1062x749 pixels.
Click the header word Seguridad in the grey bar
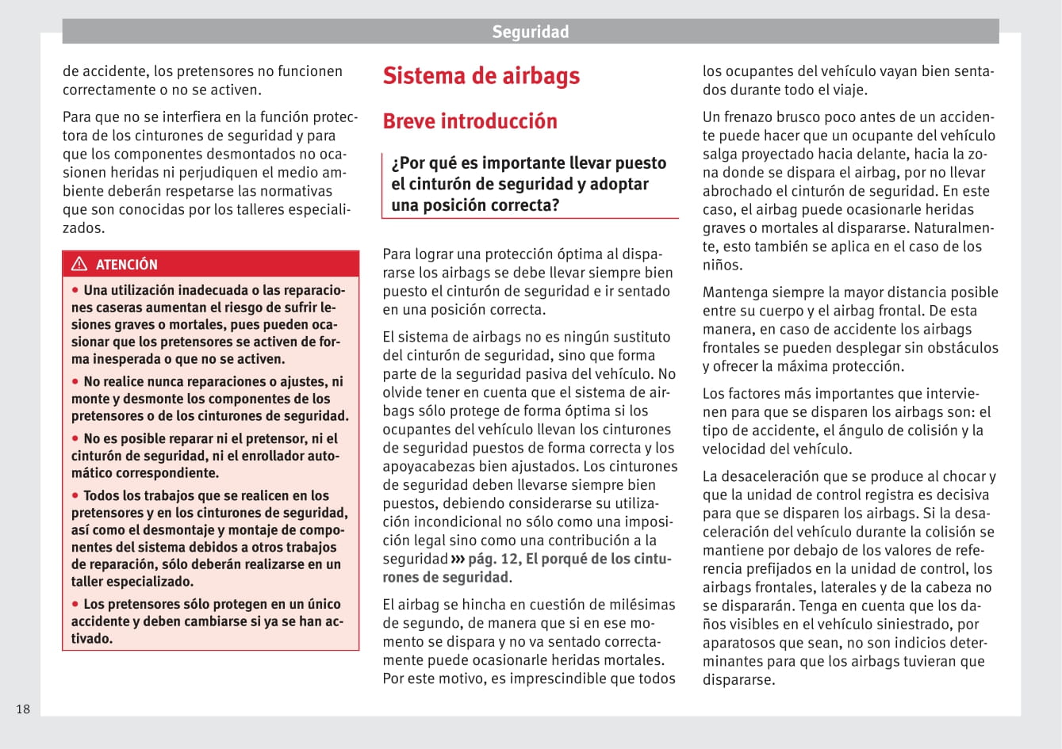click(530, 32)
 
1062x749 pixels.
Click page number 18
click(23, 709)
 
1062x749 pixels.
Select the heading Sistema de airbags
click(481, 76)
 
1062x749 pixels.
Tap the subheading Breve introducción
click(470, 121)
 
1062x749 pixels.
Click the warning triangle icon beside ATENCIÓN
click(79, 264)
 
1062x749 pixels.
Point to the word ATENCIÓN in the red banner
click(127, 265)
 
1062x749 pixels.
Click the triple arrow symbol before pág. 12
click(458, 559)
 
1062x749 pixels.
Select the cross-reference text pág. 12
click(493, 559)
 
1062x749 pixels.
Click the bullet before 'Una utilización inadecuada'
click(76, 289)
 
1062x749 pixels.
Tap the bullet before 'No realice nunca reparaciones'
click(76, 381)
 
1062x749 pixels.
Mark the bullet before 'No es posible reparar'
click(76, 438)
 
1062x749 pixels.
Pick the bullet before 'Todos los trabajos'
click(76, 495)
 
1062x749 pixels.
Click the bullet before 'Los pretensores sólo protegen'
click(76, 603)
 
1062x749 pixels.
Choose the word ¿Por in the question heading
click(408, 163)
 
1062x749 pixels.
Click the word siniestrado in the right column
click(915, 625)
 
